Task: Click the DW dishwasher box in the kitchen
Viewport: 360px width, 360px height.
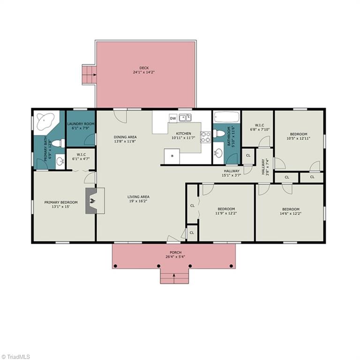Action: tap(173, 118)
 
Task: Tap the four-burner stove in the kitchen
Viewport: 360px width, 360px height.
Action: tap(205, 137)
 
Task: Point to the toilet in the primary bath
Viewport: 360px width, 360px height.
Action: tap(58, 143)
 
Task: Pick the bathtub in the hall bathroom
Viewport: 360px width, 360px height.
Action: tap(226, 117)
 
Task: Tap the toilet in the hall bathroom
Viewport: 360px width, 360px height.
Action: tap(219, 134)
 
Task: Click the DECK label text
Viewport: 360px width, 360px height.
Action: tap(144, 68)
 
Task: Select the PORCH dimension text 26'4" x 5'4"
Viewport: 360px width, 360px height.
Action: tap(175, 257)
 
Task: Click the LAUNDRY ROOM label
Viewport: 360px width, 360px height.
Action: tap(81, 124)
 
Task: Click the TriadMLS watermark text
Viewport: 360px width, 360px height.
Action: tap(18, 357)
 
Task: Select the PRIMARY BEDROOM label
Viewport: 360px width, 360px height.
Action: tap(61, 202)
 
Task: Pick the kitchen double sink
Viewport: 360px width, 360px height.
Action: tap(185, 118)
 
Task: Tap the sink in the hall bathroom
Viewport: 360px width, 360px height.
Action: tap(218, 153)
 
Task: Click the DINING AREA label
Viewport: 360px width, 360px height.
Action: tap(125, 137)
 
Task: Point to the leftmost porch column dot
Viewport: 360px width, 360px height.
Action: tap(115, 266)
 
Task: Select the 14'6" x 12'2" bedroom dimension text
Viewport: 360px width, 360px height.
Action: tap(291, 214)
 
